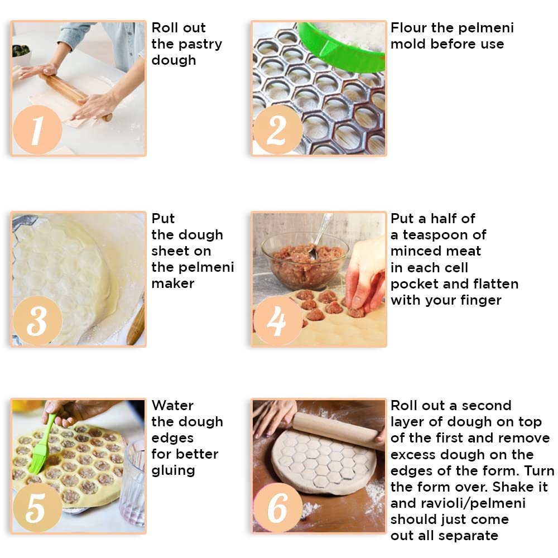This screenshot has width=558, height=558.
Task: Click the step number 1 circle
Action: click(37, 129)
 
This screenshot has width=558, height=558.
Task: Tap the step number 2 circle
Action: click(277, 129)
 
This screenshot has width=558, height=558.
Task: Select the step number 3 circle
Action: click(37, 320)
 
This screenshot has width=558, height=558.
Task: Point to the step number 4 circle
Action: click(277, 320)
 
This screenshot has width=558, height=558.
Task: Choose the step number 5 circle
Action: click(37, 507)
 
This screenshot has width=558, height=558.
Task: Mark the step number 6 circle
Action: click(277, 507)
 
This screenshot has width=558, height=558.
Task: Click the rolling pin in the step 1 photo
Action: click(75, 96)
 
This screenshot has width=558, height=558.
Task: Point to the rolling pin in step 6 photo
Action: click(338, 431)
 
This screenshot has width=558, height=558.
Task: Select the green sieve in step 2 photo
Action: click(341, 46)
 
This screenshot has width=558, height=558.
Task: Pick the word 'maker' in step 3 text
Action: click(173, 283)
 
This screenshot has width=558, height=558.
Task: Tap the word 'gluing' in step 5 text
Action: click(174, 471)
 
